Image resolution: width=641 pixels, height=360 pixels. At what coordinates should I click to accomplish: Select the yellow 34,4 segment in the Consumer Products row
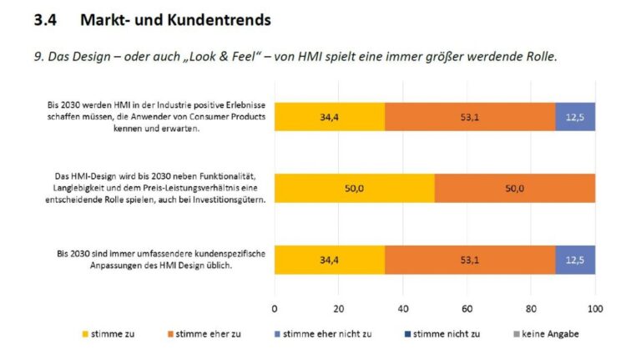tap(330, 117)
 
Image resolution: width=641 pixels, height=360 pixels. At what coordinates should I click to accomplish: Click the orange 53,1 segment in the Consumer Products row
tap(469, 117)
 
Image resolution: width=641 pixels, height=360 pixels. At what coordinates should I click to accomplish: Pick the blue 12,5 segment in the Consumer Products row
tap(575, 117)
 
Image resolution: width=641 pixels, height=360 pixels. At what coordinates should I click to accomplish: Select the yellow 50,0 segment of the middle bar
tap(355, 188)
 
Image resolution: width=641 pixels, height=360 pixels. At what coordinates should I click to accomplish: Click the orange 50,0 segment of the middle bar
tap(514, 188)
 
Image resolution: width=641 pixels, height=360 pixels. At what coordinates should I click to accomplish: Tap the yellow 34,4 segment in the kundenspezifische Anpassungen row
tap(330, 260)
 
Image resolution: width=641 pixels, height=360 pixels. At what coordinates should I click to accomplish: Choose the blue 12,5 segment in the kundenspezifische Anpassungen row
tap(575, 260)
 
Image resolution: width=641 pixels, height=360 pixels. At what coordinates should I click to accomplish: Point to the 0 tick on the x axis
tap(275, 307)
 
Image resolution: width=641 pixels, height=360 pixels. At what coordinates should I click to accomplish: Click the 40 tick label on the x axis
tap(403, 307)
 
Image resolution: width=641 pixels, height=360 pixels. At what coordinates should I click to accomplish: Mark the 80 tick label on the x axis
tap(531, 307)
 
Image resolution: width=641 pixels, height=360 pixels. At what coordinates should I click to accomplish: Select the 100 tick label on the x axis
tap(594, 307)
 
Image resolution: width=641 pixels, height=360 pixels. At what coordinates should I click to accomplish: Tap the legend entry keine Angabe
tap(549, 333)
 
